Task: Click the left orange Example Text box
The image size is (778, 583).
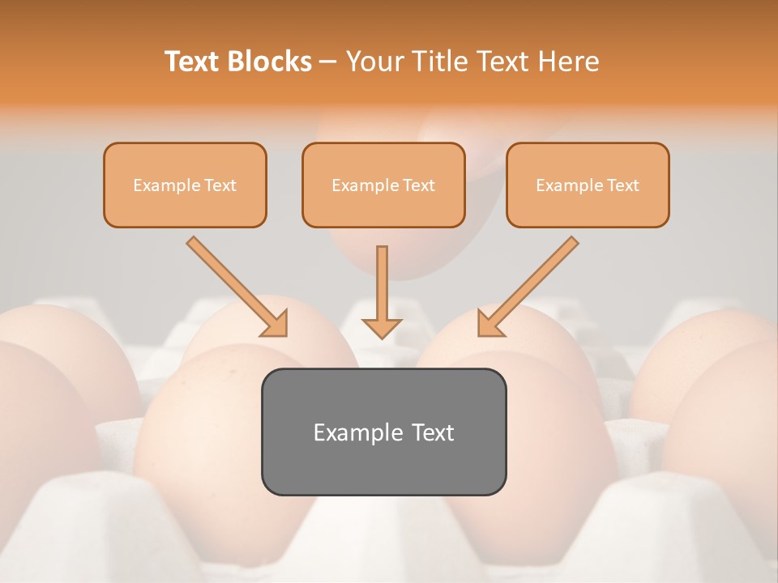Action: click(x=185, y=185)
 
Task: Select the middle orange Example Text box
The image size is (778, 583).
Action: click(x=383, y=185)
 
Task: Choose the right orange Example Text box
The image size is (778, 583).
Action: click(x=588, y=185)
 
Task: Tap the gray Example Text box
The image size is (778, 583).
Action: click(x=383, y=432)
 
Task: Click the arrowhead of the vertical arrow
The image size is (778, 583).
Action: click(x=382, y=327)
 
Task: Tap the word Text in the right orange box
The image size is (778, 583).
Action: click(x=624, y=185)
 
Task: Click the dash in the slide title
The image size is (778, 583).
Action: click(x=328, y=62)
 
